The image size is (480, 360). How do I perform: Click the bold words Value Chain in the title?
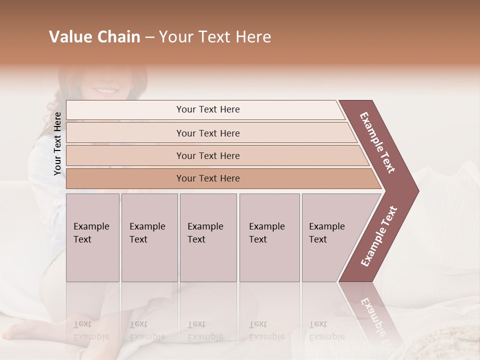(94, 37)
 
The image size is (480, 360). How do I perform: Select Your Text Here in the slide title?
(215, 37)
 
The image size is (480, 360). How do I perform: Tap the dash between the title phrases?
(149, 37)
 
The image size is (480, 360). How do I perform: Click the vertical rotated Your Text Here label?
(57, 143)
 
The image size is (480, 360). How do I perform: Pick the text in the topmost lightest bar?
(208, 109)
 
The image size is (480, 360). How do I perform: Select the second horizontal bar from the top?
(208, 133)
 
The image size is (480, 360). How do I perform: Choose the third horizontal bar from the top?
(208, 155)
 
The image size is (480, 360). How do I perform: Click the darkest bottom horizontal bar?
(208, 178)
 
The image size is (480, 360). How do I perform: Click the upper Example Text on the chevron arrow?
(377, 142)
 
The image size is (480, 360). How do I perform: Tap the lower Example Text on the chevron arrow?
(379, 236)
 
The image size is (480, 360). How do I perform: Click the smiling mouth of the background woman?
(105, 91)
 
